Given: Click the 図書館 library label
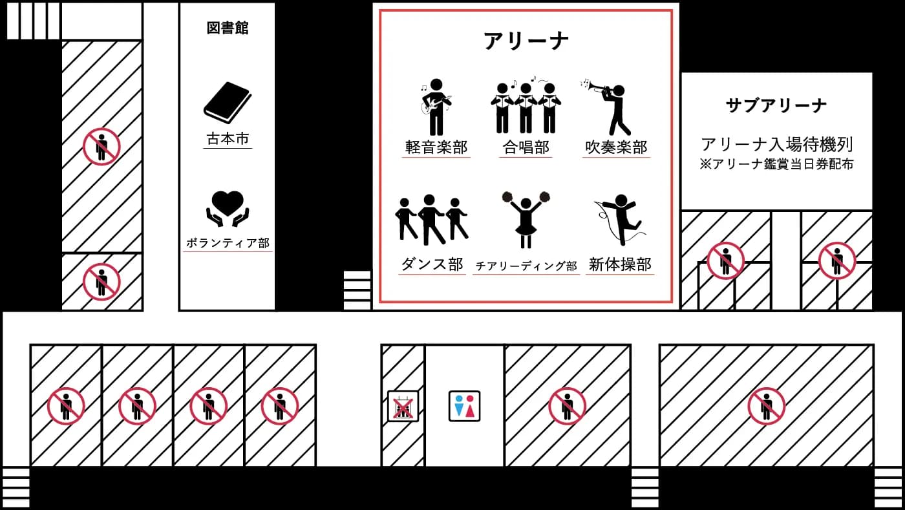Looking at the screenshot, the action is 228,28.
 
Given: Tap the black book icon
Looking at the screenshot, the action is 228,103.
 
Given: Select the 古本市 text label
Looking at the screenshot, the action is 228,138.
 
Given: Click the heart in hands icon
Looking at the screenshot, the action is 228,209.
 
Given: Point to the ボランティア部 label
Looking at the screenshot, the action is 228,243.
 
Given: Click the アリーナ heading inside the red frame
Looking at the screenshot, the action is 526,41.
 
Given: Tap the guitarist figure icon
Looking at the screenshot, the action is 436,107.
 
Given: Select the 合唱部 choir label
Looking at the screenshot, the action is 526,147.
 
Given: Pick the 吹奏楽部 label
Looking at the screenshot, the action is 616,147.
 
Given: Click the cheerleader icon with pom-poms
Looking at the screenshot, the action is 526,220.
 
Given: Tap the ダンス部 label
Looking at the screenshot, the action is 432,264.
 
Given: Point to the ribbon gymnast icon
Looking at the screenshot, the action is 620,220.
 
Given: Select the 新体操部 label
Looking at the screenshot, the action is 620,264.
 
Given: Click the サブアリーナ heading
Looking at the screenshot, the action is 776,105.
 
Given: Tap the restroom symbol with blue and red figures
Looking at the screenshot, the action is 464,406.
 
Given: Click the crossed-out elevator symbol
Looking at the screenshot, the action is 403,406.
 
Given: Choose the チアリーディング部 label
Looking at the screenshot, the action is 526,266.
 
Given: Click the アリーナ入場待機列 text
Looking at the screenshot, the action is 776,144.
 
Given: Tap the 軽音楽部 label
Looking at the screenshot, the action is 436,147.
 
